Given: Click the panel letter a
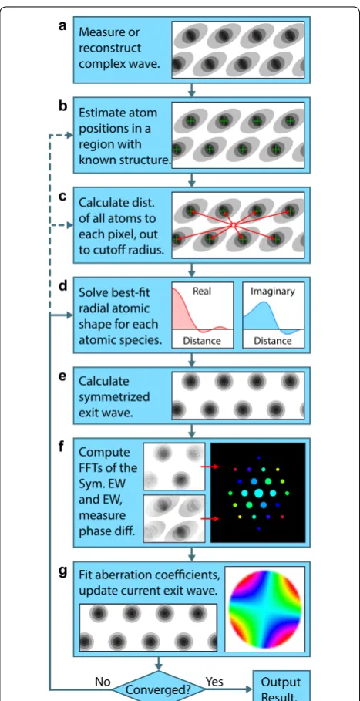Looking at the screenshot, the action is (x=62, y=26).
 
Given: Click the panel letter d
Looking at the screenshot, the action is (x=63, y=285).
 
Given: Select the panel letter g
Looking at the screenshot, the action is (x=63, y=573).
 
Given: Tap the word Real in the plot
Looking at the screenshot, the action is (x=202, y=291).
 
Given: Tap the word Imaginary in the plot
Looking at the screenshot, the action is (x=272, y=292).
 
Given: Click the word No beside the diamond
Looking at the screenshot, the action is (x=103, y=682).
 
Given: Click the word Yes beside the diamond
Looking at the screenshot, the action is (x=214, y=682).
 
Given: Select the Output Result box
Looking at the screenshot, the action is (x=281, y=686).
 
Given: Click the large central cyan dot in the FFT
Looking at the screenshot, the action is (x=258, y=493).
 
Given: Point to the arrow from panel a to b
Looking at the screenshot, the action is (x=192, y=89).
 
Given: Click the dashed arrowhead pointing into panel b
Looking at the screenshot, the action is (x=69, y=135).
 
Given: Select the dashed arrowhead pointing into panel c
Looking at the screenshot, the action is (x=69, y=226).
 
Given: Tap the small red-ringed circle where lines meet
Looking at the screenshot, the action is (x=232, y=225).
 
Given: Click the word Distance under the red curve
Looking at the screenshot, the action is (x=202, y=341).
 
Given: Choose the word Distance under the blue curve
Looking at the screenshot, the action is (x=273, y=341).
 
